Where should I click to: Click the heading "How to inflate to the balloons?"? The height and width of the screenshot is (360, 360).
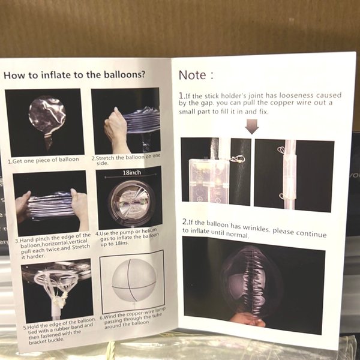click(x=74, y=75)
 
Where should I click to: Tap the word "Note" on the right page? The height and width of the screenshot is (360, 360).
click(x=193, y=75)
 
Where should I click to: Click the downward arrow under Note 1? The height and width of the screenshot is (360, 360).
click(x=253, y=127)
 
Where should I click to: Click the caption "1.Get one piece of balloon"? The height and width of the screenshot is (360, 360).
click(x=43, y=160)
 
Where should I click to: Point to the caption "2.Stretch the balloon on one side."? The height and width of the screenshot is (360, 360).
click(x=126, y=160)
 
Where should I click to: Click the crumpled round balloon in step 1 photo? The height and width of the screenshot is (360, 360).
click(x=47, y=115)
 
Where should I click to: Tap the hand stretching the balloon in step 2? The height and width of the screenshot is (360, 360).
click(x=116, y=130)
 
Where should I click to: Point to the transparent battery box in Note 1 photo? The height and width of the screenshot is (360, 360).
click(x=208, y=181)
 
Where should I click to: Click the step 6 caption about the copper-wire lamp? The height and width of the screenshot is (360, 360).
click(x=133, y=318)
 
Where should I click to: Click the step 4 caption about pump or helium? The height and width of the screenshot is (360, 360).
click(x=127, y=237)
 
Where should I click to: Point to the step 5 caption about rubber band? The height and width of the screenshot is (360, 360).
click(x=59, y=331)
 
